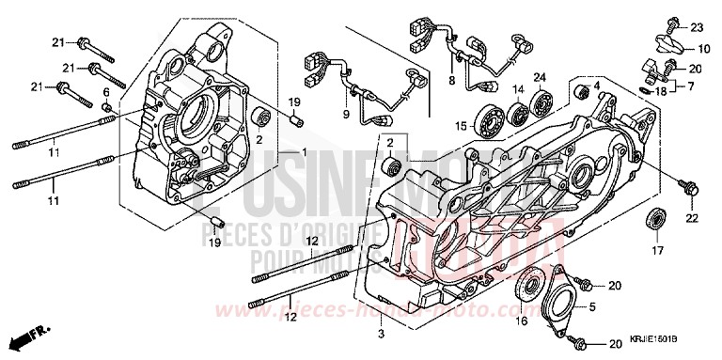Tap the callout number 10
(x=704, y=48)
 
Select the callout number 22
(x=692, y=218)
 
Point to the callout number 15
(x=461, y=125)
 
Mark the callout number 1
(x=304, y=153)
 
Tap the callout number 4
(x=596, y=86)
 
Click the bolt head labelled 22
(x=691, y=191)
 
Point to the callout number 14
(x=516, y=89)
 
